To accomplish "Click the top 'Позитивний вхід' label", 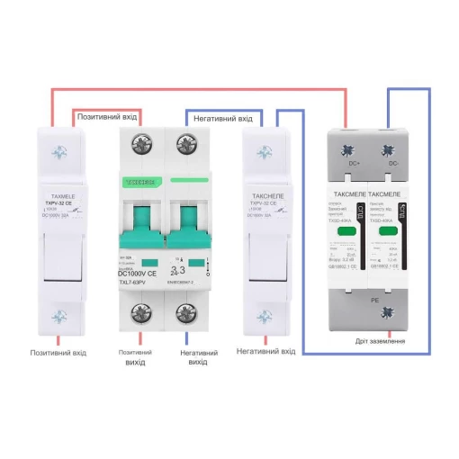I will tap(107, 117).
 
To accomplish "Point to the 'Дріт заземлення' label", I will tap(378, 341).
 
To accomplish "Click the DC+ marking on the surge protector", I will tap(355, 164).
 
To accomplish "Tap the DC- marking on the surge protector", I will tap(392, 164).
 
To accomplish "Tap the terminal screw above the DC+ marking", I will tap(354, 141).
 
